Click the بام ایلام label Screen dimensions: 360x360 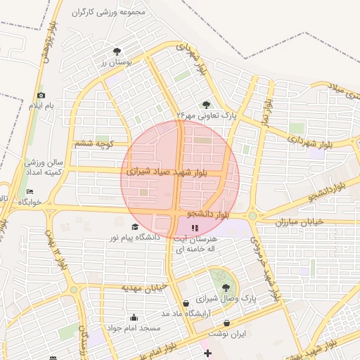[40, 105]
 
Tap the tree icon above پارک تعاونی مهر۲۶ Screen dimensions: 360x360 [206, 104]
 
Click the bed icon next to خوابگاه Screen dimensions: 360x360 [30, 191]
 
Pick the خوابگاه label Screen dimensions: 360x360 [30, 202]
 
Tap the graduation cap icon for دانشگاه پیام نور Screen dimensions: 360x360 [135, 226]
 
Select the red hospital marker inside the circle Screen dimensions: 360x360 [194, 228]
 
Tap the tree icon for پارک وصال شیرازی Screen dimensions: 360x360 [226, 288]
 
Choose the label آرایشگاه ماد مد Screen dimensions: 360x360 [185, 313]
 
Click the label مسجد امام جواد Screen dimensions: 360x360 [134, 328]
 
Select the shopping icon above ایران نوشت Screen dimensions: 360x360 [227, 323]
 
